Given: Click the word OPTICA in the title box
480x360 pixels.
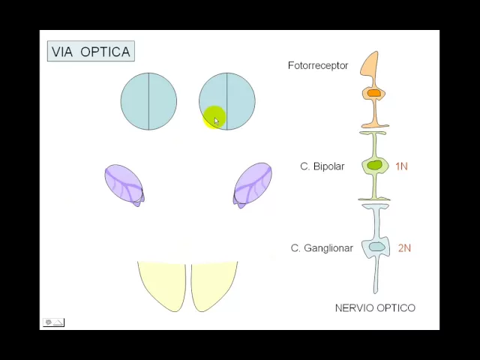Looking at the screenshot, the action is coord(105,52).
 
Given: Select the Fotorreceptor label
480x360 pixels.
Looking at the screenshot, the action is coord(318,65).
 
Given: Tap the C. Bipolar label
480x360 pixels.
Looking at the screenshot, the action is coord(322,166).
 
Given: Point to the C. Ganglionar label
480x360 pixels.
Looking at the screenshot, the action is coord(322,247).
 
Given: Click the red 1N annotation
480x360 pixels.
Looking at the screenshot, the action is coord(401,166).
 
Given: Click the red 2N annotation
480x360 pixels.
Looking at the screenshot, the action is coord(404,247).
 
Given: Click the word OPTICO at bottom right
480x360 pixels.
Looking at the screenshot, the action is coord(396,307).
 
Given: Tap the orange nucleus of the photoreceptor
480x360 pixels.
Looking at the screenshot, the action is coord(373,93).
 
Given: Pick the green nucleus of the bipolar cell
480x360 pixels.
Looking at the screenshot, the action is coord(374,165).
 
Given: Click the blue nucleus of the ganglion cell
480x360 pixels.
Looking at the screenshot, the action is coord(376,247).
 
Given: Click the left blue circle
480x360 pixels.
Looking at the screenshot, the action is coord(148,101).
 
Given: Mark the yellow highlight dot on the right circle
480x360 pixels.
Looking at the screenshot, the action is coord(214,117).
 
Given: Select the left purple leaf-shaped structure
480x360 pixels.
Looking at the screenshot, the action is coord(123,182).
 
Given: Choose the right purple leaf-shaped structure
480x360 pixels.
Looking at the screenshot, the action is coord(253,182).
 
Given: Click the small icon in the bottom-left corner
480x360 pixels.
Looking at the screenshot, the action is coord(53,322).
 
